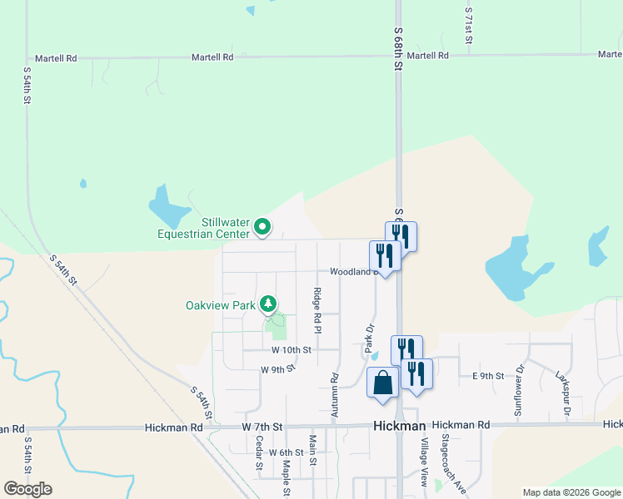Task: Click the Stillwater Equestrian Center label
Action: (203, 227)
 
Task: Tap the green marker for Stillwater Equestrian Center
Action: (263, 225)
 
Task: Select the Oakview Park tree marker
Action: (268, 304)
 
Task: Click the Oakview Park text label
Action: (220, 305)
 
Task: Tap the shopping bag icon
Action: (382, 383)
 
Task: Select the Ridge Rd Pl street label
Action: (317, 307)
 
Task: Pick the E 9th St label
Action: (488, 376)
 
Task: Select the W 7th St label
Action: (262, 427)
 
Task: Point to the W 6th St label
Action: (286, 452)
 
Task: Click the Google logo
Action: (27, 489)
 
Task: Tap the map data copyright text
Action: (571, 492)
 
